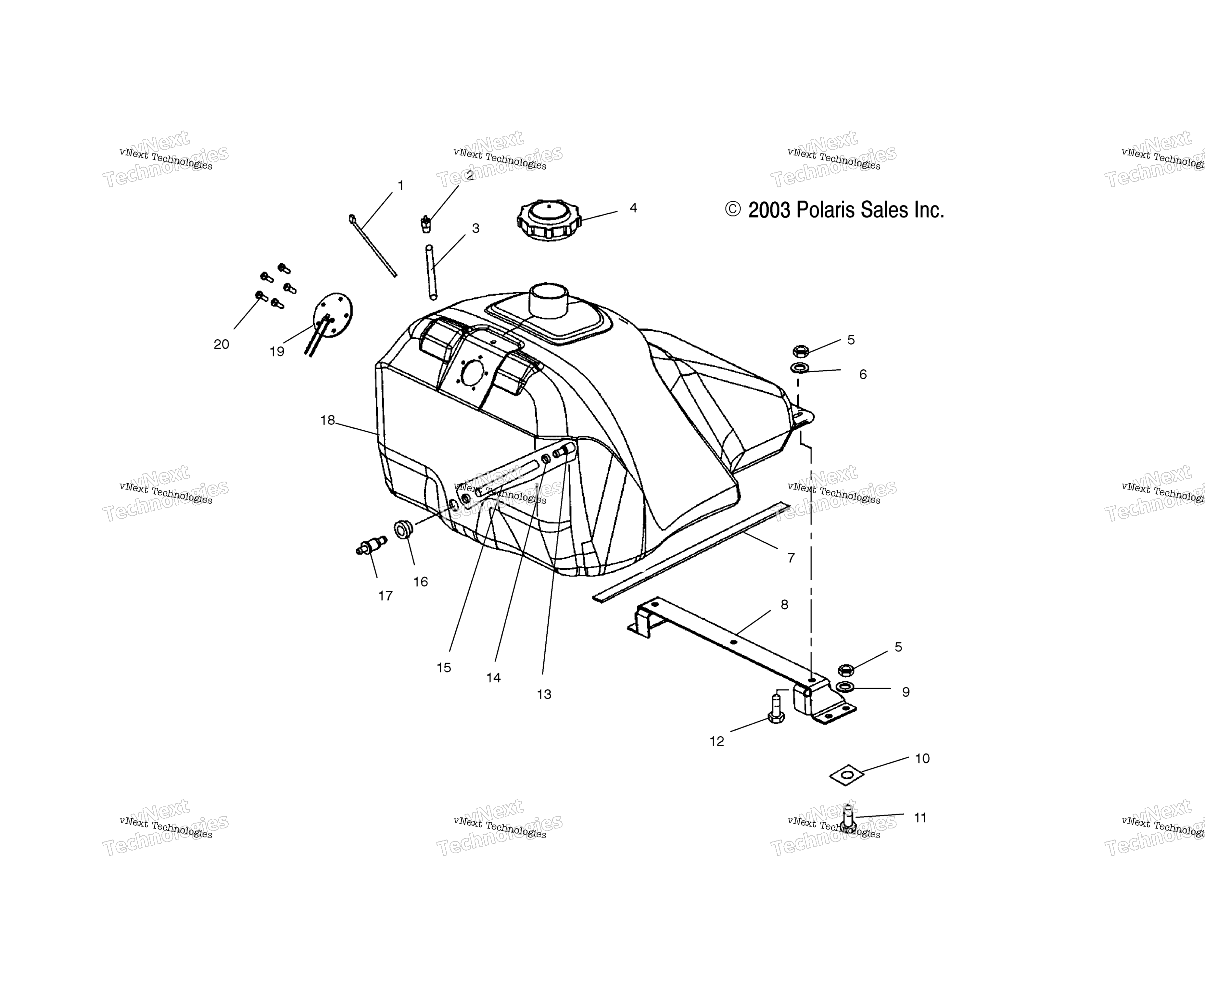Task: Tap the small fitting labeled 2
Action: click(x=426, y=223)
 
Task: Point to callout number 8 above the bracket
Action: click(x=784, y=604)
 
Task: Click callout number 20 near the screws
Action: click(x=222, y=344)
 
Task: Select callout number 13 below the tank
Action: click(x=544, y=694)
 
